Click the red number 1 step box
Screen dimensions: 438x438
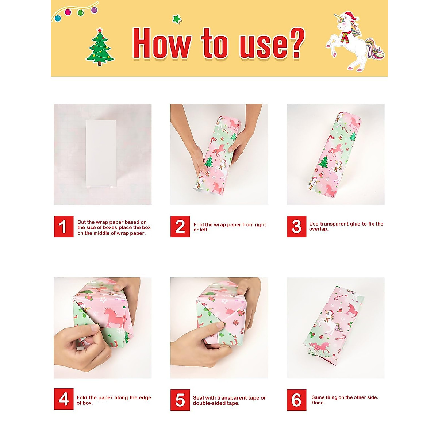coord(64,227)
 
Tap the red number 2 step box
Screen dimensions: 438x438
coord(180,227)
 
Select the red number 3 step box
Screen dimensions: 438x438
coord(296,227)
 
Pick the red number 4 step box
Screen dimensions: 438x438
coord(64,399)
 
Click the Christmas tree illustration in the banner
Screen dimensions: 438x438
coord(100,47)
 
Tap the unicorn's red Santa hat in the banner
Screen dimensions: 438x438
coord(350,17)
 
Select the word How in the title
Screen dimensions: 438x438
coord(161,44)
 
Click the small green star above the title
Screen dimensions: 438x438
coord(177,19)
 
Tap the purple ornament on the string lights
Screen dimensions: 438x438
coord(94,10)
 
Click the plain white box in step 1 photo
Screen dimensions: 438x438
coord(101,154)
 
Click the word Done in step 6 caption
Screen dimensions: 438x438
coord(318,403)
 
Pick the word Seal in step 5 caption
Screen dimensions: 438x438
coord(199,398)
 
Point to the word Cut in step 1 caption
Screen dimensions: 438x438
coord(81,222)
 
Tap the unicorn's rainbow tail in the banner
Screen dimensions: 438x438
coord(374,50)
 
